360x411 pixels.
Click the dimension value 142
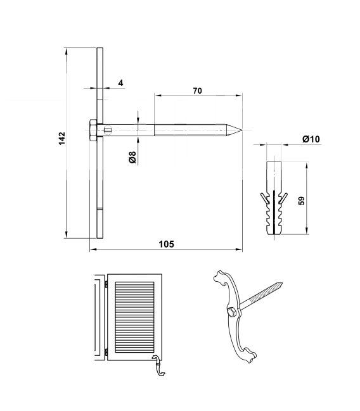coord(61,139)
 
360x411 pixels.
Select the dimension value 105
coord(165,244)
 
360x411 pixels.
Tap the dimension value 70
coord(197,91)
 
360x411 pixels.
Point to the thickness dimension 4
coord(120,83)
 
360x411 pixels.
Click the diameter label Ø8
coord(132,157)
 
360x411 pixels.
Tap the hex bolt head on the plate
coord(94,131)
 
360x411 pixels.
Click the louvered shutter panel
coord(134,314)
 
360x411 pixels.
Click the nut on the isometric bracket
coord(232,312)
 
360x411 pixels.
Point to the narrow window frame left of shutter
coord(98,317)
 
